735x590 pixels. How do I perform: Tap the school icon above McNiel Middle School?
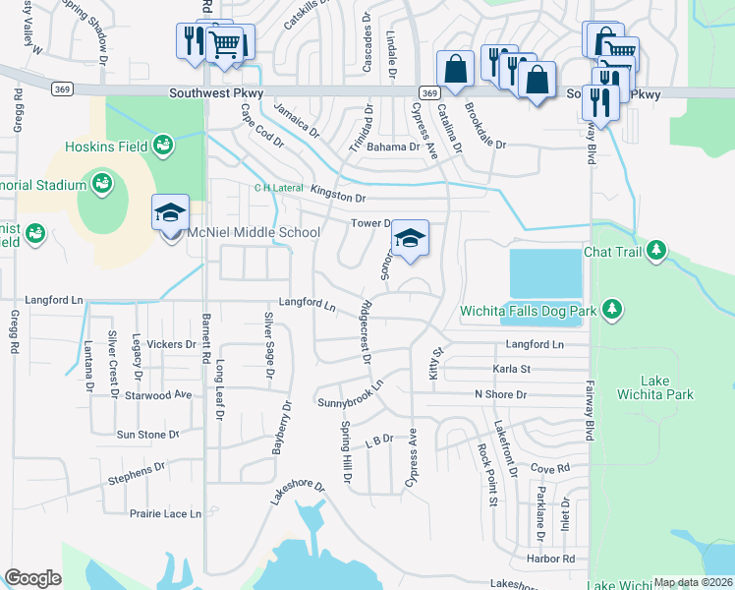169,212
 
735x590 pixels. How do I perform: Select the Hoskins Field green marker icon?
164,147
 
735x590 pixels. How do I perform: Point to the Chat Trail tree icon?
656,252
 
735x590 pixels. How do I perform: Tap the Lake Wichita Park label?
666,387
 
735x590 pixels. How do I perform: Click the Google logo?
32,578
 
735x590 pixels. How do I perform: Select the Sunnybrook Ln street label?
349,396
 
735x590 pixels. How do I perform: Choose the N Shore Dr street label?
500,394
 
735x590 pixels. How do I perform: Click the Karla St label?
511,370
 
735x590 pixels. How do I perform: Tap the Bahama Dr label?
393,147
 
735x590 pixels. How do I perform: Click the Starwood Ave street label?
158,394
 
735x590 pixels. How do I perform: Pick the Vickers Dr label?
172,344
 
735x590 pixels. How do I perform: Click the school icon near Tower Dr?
410,238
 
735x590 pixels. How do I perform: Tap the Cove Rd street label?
549,470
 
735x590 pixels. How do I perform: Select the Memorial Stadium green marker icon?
100,182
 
